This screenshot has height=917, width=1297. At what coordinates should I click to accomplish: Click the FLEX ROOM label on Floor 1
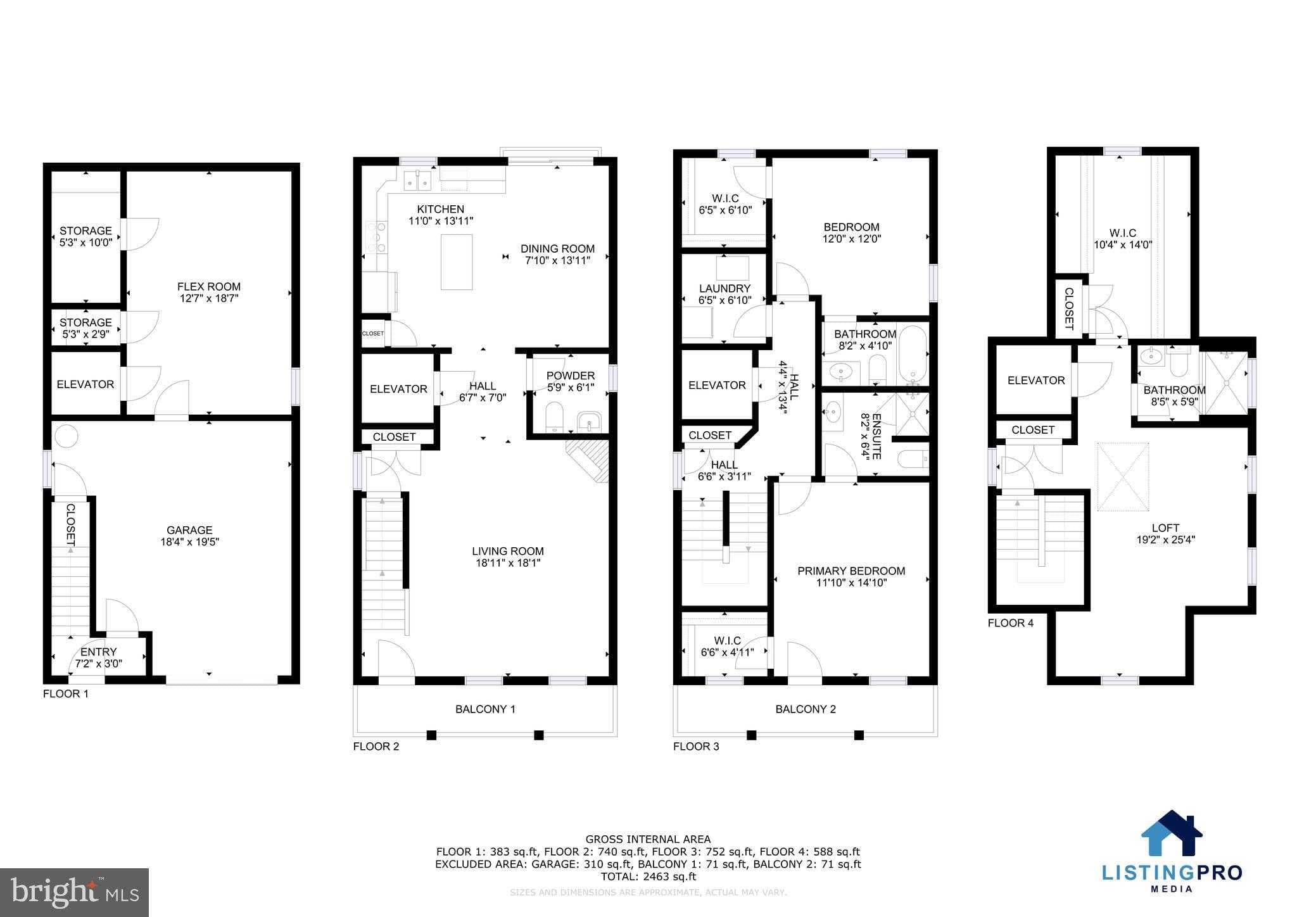208,287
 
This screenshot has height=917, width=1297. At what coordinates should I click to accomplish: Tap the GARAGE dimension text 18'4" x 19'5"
189,542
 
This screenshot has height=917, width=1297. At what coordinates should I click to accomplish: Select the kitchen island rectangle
456,262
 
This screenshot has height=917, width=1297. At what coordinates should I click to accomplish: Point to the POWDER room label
571,376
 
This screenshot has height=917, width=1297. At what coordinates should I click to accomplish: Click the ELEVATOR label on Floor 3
717,385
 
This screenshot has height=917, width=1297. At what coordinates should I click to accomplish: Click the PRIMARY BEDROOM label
851,571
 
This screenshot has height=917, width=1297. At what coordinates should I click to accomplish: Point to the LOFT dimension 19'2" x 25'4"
1165,540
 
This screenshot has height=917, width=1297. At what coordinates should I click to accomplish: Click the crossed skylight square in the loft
1122,476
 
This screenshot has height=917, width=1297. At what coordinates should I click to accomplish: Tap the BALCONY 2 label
806,709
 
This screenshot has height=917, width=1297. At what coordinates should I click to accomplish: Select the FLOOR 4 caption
1010,623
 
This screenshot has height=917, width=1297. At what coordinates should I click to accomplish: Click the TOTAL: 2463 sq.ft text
648,876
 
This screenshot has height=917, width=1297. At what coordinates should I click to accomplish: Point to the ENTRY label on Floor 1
98,652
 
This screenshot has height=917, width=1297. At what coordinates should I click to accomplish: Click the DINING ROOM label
557,249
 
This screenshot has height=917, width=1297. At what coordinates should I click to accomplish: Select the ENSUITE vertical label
876,436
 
